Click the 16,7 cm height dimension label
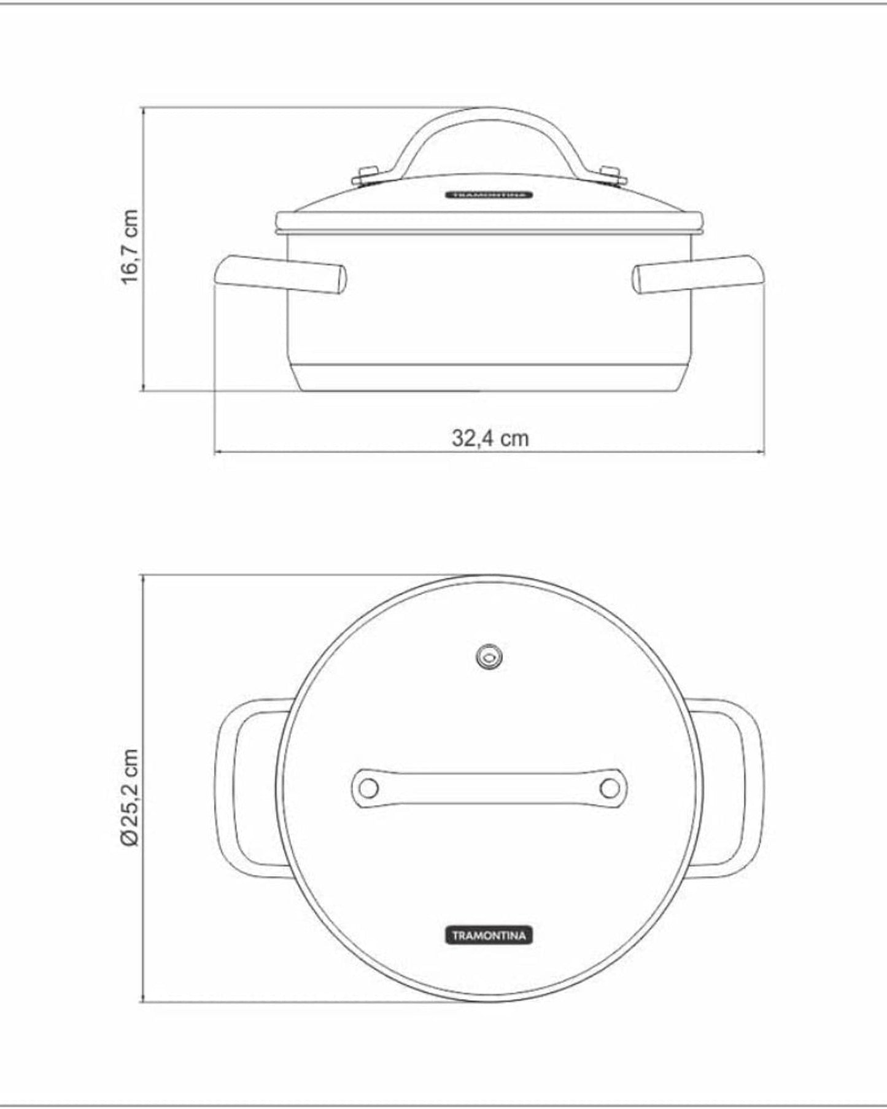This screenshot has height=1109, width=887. point(130,247)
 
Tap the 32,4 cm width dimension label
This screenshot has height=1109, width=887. point(490,438)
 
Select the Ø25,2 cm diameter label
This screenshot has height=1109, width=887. point(131,798)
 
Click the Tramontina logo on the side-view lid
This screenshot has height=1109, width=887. point(489,195)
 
